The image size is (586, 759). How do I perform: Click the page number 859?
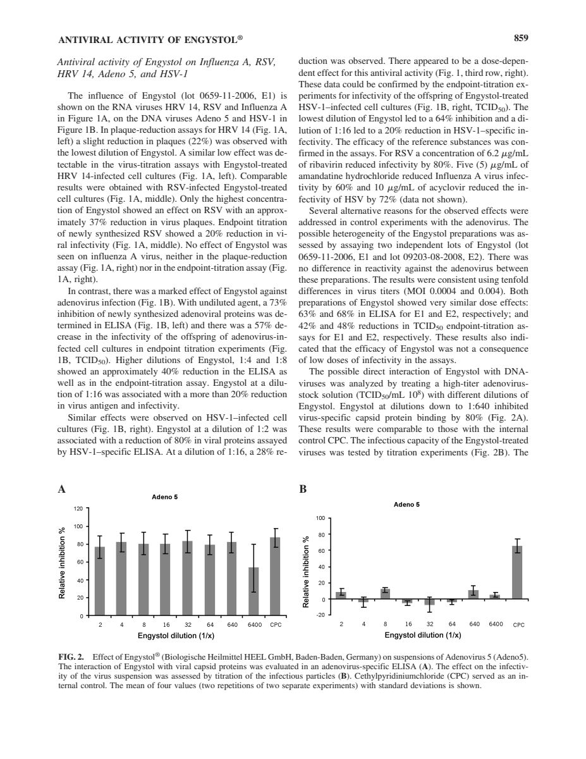[520, 39]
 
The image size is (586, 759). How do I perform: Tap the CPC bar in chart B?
[517, 572]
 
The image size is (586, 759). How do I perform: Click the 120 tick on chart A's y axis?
[79, 508]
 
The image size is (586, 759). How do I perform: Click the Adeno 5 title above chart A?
[165, 497]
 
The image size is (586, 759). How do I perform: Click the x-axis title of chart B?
[422, 635]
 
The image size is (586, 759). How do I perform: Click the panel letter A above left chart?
[61, 489]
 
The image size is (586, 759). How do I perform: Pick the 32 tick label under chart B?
[429, 624]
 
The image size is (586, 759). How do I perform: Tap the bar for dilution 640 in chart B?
[473, 594]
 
